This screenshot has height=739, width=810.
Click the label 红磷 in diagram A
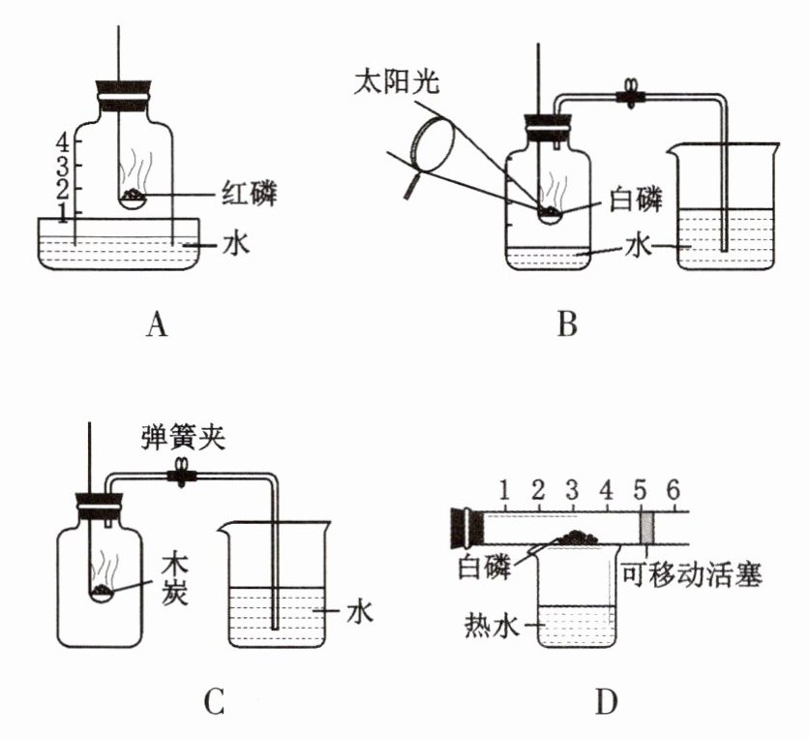(250, 194)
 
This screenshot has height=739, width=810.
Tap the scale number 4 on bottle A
(63, 141)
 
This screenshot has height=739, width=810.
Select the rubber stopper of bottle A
(125, 96)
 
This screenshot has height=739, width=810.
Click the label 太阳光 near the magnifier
(396, 81)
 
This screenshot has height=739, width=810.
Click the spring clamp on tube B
(630, 95)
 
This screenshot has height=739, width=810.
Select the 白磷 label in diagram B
(636, 200)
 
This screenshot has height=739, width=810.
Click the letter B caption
(567, 324)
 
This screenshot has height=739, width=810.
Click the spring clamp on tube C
(181, 472)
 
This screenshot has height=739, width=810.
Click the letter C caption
(213, 702)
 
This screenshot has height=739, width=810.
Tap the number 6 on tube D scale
(673, 489)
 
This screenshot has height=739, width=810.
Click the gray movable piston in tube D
(647, 528)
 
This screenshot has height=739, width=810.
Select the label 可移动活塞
(691, 574)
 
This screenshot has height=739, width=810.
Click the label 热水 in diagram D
(491, 626)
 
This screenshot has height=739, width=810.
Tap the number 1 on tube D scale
(504, 489)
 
